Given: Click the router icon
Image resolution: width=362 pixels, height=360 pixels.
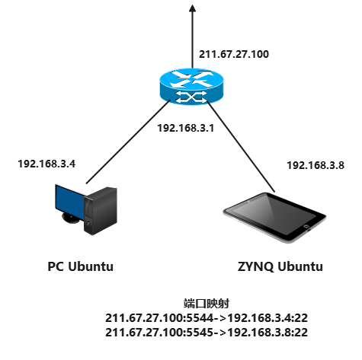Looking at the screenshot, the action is (192, 86).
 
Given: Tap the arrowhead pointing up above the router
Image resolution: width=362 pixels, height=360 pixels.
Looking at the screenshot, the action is (193, 8).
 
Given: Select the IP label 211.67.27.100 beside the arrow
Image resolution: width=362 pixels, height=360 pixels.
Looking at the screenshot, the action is (234, 54).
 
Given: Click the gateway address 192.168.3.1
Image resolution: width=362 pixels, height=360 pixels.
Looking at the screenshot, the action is (186, 128).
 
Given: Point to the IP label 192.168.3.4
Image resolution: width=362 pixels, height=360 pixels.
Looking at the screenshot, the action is (46, 164).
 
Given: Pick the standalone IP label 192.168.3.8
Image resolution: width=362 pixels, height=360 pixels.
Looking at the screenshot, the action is (316, 165).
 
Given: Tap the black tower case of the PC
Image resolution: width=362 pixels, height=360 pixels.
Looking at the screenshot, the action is (101, 211).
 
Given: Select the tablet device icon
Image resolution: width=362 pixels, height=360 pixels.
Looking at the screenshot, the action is (274, 218).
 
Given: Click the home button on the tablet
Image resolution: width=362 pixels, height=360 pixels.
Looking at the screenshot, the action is (306, 225).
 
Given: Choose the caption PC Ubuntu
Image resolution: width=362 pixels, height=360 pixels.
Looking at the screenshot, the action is (81, 266).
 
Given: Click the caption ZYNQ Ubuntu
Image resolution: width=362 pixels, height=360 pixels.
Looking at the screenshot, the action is (280, 266).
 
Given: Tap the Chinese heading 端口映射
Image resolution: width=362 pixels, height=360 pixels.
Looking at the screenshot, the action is (207, 304).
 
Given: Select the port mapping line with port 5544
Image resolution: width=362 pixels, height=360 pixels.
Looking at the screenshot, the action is (207, 318).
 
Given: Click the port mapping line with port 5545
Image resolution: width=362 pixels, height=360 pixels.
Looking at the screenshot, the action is (207, 333).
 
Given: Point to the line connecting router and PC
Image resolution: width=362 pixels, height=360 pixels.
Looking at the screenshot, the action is (128, 141).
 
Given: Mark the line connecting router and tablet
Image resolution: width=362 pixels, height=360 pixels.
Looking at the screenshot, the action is (241, 146).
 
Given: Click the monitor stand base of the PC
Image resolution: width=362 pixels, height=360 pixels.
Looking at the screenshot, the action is (71, 218).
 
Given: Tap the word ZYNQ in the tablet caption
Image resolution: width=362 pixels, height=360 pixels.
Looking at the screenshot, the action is (255, 267).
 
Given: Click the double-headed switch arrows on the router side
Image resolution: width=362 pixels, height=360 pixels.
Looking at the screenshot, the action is (192, 97).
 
